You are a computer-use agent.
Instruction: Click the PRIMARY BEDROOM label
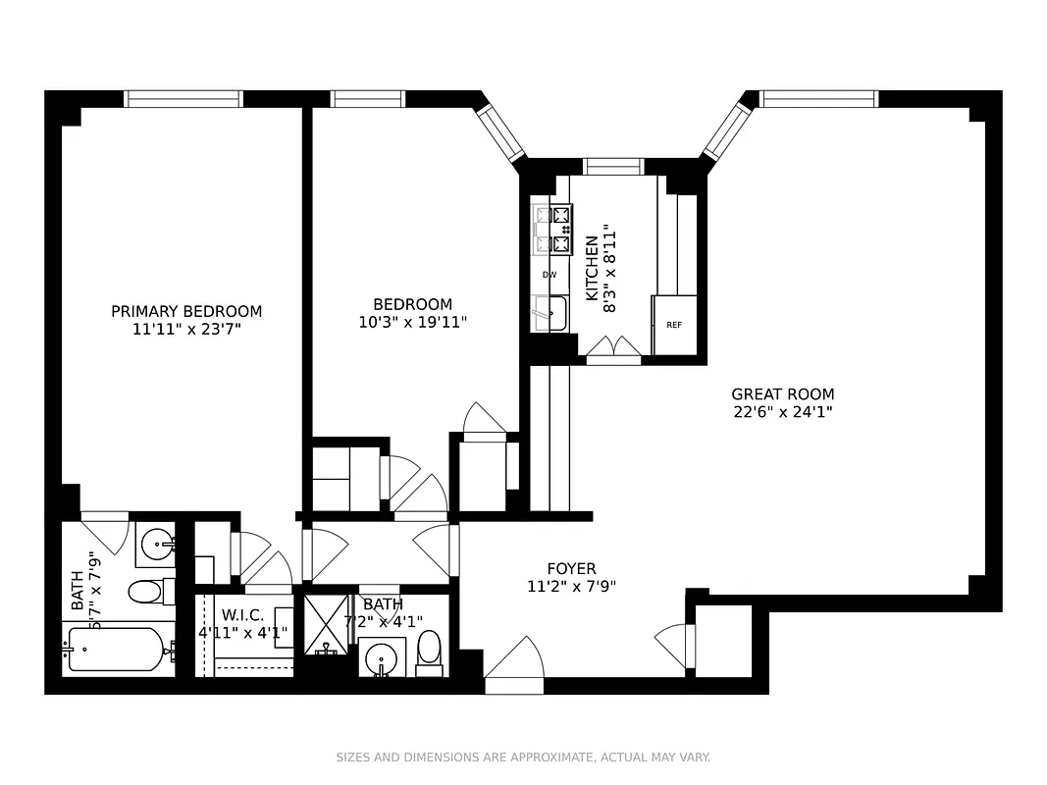(186, 311)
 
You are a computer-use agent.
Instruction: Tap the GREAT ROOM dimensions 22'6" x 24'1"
(783, 412)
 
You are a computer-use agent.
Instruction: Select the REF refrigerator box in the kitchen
(674, 325)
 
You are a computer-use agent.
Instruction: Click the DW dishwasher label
(550, 275)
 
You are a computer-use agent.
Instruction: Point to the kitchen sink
(550, 314)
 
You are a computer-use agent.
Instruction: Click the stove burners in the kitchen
(552, 230)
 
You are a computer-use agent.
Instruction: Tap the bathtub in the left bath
(116, 651)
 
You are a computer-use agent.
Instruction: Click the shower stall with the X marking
(324, 624)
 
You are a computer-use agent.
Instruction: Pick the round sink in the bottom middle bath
(383, 657)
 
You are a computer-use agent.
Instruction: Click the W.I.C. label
(241, 615)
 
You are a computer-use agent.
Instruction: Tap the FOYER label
(571, 568)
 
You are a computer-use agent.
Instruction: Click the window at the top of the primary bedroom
(183, 98)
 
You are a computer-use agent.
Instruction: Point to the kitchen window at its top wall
(613, 166)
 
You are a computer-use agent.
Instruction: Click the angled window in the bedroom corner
(502, 132)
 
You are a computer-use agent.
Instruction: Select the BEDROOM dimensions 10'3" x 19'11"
(412, 321)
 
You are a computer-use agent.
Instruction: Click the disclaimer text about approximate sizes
(523, 758)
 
